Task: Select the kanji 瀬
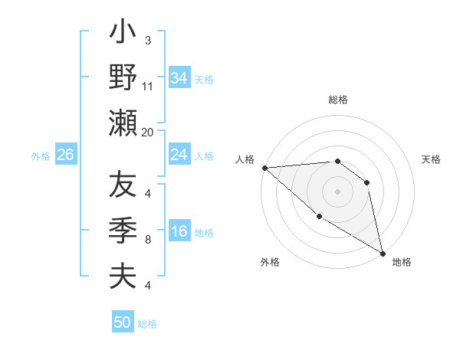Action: coord(122,122)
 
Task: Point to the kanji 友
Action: coord(122,185)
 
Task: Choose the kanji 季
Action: coord(122,231)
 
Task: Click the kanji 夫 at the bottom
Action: coord(122,276)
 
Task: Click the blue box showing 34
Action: coord(179,78)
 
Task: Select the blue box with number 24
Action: coord(179,155)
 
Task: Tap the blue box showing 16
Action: coord(179,232)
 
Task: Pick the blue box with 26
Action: coord(65,155)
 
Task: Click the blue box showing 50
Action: coord(123,322)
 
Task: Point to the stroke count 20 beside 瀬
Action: coord(148,132)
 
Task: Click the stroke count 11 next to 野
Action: coord(148,86)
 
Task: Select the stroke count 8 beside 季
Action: coord(148,240)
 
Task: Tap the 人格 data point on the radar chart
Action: coord(264,167)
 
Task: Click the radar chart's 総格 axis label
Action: coord(337,100)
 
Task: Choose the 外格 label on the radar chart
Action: coord(270,263)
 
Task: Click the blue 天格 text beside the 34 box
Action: coord(205,79)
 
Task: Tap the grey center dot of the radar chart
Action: coord(337,191)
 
